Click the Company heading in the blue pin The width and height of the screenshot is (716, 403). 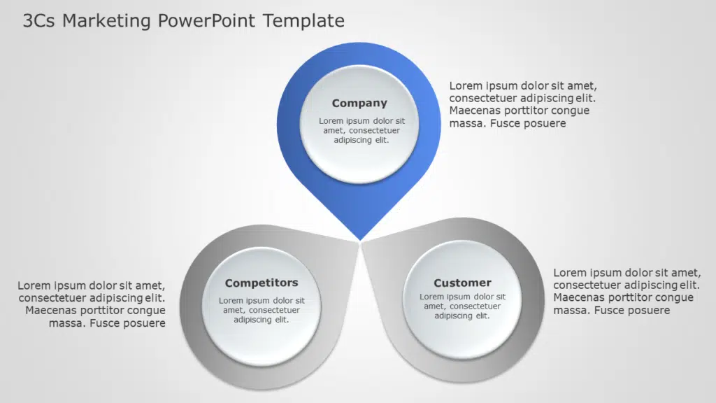359,104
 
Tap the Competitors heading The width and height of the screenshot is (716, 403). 262,283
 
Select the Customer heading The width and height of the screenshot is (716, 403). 462,283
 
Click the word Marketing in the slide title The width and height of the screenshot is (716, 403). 106,21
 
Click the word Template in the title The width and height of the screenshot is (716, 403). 303,21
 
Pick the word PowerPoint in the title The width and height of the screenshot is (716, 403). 207,21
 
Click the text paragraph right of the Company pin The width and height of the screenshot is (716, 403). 522,105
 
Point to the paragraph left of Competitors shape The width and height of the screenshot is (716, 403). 92,304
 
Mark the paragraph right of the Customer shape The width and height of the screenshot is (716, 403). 626,291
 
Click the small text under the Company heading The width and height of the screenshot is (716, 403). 361,130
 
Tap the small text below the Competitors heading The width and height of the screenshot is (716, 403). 262,310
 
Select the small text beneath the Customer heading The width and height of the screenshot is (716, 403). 462,306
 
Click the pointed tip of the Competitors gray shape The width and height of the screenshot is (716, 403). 355,241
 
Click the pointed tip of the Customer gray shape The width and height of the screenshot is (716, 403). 366,242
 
